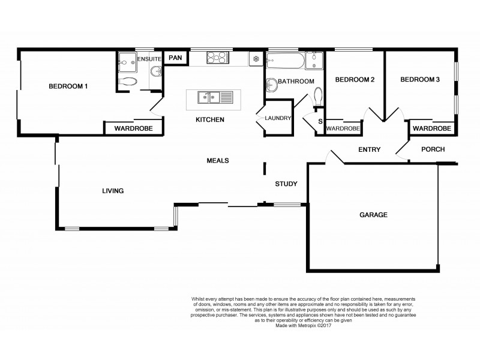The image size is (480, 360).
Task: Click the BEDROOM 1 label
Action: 68,86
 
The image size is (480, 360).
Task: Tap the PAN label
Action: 175,58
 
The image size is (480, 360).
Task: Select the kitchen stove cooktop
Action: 217,58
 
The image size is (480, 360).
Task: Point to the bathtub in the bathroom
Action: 285,59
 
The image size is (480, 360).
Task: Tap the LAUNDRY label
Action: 278,118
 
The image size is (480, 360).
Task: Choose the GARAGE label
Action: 373,215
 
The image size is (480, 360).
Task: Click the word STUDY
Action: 287,184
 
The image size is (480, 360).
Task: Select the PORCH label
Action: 433,149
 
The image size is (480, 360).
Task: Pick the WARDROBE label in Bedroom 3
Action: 431,128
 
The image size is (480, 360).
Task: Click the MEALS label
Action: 218,160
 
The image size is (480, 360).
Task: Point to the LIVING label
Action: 112,191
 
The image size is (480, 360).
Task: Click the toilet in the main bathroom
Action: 318,96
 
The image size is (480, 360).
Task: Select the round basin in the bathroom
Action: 272,85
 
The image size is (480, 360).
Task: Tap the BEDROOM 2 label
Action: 355,79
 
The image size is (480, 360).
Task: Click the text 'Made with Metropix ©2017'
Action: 303,326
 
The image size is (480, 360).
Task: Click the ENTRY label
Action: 369,149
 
